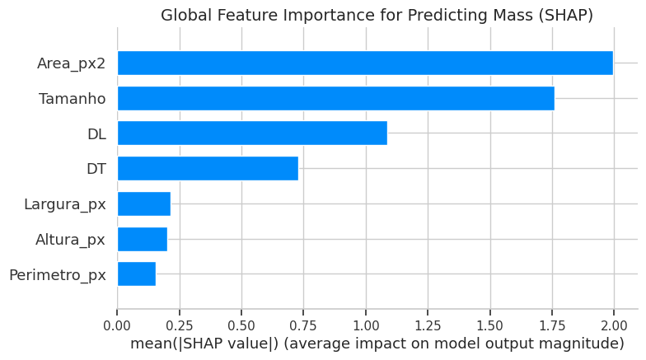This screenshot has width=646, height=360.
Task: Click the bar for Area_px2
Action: pyautogui.click(x=365, y=63)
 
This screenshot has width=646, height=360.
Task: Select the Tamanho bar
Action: pyautogui.click(x=335, y=99)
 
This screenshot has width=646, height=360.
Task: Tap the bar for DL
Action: pyautogui.click(x=252, y=133)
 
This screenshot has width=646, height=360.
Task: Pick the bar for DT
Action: pyautogui.click(x=208, y=169)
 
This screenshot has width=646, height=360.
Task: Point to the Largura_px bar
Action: pyautogui.click(x=143, y=204)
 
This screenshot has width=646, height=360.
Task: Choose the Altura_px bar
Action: pyautogui.click(x=142, y=240)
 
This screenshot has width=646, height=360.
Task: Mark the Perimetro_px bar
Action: pyautogui.click(x=136, y=274)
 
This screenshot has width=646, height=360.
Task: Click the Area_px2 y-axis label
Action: pyautogui.click(x=71, y=63)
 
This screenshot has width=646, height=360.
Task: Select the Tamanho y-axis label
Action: pyautogui.click(x=73, y=99)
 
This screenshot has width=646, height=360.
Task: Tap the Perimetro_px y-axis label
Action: pyautogui.click(x=58, y=274)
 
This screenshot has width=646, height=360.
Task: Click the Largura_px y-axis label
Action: pyautogui.click(x=65, y=204)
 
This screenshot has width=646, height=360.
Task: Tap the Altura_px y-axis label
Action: pyautogui.click(x=70, y=240)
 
